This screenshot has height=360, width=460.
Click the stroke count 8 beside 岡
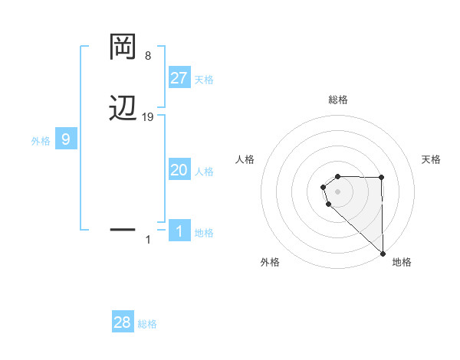(148, 56)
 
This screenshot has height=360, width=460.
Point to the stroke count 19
(148, 117)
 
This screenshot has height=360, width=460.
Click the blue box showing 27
(179, 78)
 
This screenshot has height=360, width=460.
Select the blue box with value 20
(179, 170)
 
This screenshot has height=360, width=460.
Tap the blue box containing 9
(66, 139)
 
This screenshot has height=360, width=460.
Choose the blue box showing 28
(123, 322)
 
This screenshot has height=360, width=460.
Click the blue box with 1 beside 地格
(179, 231)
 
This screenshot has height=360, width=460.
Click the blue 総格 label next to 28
(147, 324)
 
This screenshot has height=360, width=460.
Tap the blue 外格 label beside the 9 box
(41, 141)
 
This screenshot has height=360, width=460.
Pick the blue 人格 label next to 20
(205, 172)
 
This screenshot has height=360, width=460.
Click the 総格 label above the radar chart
(338, 100)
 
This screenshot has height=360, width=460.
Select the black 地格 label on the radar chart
(402, 262)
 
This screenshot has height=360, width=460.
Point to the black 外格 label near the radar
(270, 262)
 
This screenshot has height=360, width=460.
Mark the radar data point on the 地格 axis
(383, 253)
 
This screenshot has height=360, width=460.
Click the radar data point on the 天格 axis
(382, 178)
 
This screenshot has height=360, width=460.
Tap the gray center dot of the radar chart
(338, 191)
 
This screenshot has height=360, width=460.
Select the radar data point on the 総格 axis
(338, 173)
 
